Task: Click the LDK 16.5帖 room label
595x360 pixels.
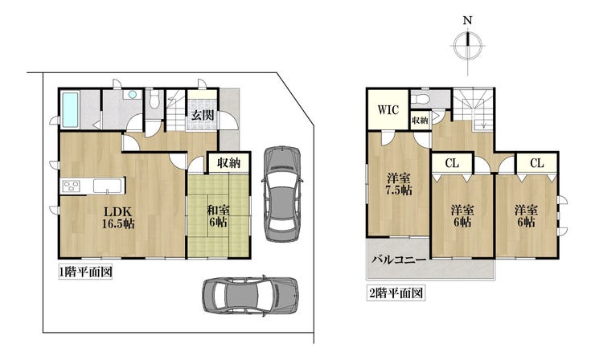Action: point(118,218)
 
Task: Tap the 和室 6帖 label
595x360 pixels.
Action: point(218,215)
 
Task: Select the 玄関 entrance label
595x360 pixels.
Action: point(202,115)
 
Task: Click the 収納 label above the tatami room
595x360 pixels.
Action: point(229,163)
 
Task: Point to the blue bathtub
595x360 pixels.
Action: point(70,109)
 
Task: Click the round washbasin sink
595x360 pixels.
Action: point(132,95)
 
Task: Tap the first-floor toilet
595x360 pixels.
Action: point(154,100)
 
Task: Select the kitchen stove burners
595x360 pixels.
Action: point(72,186)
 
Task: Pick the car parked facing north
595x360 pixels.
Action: point(283,194)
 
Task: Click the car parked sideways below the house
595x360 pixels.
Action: point(250,296)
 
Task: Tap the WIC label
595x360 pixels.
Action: point(388,110)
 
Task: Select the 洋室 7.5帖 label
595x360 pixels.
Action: point(399,184)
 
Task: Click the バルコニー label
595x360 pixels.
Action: point(400,260)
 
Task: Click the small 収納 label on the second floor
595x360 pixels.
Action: point(420,121)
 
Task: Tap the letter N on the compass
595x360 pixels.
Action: point(467,20)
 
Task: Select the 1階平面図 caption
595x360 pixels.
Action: point(85,272)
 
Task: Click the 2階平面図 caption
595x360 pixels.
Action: point(396,292)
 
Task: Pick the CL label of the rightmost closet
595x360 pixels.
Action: point(536,163)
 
